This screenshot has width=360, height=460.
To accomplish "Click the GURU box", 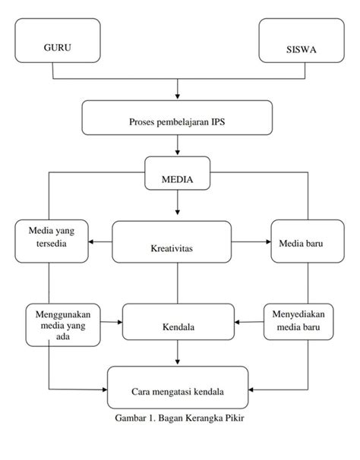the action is (x=58, y=40).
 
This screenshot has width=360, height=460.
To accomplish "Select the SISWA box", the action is (x=302, y=40).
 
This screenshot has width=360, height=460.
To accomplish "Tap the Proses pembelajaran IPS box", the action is (x=177, y=118).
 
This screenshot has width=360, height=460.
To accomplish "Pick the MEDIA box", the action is (x=178, y=173).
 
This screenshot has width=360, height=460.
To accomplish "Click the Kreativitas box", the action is (x=172, y=241).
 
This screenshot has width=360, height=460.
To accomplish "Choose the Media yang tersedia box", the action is (x=52, y=241).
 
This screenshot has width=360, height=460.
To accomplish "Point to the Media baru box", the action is (x=308, y=241).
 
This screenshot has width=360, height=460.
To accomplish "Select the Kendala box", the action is (x=178, y=322).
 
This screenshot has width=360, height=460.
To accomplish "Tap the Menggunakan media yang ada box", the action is (x=63, y=325).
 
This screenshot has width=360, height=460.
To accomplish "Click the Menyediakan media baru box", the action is (x=298, y=322).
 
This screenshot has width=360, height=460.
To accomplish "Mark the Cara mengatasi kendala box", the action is (x=178, y=387).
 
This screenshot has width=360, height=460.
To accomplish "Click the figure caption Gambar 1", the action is (x=179, y=417).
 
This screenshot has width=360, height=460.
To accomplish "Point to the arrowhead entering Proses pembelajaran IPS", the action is (x=178, y=96).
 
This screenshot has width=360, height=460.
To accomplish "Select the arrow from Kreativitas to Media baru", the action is (x=251, y=241).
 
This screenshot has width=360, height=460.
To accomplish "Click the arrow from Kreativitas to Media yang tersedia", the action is (x=100, y=241).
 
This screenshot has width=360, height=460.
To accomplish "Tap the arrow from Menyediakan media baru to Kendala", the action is (x=249, y=322).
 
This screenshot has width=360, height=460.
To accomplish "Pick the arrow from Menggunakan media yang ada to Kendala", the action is (x=112, y=322).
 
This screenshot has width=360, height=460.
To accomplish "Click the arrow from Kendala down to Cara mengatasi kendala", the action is (x=178, y=352).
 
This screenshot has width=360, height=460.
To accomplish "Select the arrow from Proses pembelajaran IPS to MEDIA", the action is (x=178, y=145).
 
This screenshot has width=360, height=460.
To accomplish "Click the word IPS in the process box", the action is (x=218, y=121).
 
